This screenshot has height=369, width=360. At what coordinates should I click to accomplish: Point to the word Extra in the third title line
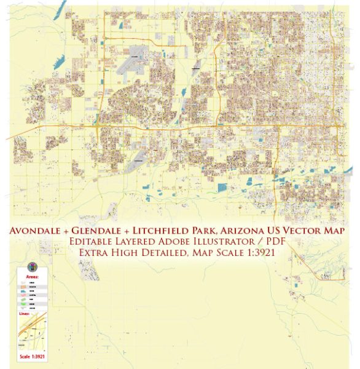click(96, 253)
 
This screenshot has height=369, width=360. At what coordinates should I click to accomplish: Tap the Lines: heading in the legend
click(24, 314)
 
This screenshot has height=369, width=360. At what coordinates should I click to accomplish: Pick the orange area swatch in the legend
click(24, 287)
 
